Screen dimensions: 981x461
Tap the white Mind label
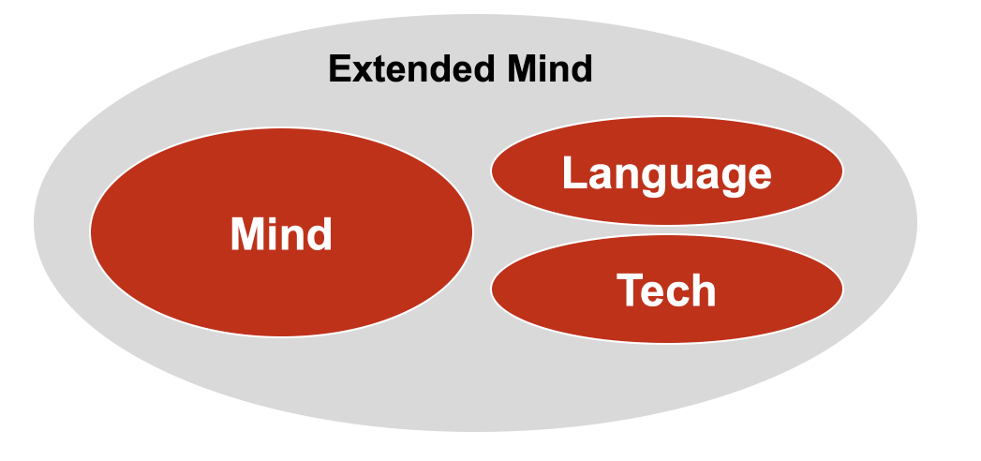[281, 234]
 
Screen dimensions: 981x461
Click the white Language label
[666, 174]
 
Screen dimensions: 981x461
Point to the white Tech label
[666, 290]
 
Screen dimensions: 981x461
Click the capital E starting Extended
[339, 69]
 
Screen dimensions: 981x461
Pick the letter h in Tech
[703, 290]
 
